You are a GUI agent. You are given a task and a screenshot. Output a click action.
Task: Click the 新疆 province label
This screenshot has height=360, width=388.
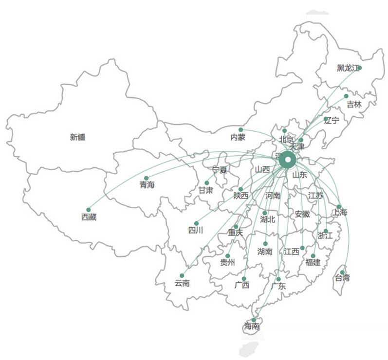(x=77, y=137)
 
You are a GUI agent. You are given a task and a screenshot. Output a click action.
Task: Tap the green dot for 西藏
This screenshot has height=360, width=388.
(x=89, y=210)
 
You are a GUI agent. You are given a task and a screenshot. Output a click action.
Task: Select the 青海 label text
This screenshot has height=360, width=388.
(x=147, y=185)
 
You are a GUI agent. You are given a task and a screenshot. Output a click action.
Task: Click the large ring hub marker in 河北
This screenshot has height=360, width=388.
(x=287, y=159)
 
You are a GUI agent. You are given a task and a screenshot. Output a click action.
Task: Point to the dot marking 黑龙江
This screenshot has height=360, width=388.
(x=359, y=68)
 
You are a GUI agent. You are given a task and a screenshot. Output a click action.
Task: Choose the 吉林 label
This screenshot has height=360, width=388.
(x=354, y=104)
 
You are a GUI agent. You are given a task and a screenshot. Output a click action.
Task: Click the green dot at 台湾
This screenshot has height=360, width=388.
(x=342, y=272)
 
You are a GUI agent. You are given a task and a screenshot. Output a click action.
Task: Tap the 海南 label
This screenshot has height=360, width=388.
(x=252, y=326)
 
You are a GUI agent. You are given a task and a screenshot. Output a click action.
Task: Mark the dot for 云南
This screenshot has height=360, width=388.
(x=182, y=275)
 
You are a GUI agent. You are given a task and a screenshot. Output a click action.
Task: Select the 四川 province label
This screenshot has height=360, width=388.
(x=195, y=230)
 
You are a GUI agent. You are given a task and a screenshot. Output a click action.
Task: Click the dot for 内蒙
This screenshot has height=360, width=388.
(x=240, y=130)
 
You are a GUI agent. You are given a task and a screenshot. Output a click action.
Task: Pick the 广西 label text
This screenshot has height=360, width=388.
(x=241, y=285)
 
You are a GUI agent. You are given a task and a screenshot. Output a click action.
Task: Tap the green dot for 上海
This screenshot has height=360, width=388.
(x=339, y=207)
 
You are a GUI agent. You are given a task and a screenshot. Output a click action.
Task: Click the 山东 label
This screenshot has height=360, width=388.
(x=300, y=175)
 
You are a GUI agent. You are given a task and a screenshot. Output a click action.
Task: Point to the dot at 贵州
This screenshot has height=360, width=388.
(x=227, y=256)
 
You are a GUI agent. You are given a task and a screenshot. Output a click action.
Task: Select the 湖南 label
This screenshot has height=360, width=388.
(x=265, y=252)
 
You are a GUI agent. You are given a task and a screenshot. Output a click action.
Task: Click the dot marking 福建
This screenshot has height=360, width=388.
(x=313, y=256)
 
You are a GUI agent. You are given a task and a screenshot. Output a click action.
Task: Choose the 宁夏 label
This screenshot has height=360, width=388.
(x=220, y=170)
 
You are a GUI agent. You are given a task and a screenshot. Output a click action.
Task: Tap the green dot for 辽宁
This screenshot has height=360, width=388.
(x=326, y=119)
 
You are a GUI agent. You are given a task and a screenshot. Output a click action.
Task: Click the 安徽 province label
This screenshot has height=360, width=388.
(x=302, y=214)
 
